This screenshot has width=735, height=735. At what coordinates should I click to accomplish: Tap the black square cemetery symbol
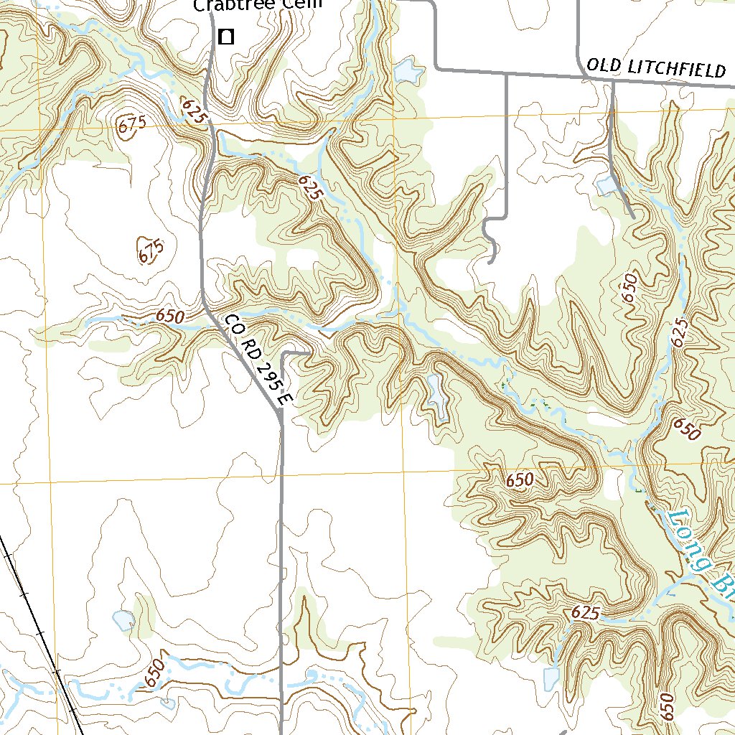(x=226, y=37)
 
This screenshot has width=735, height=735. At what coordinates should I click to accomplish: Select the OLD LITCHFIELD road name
(x=655, y=68)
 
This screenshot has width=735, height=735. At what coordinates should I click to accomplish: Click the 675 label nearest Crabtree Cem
(x=132, y=124)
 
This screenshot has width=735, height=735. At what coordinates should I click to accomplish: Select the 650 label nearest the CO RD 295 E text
(x=170, y=317)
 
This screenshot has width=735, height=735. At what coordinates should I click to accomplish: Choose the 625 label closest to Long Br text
(x=586, y=614)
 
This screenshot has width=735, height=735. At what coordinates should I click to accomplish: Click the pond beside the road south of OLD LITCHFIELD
(x=607, y=186)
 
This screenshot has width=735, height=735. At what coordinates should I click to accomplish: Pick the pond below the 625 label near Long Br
(x=551, y=678)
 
